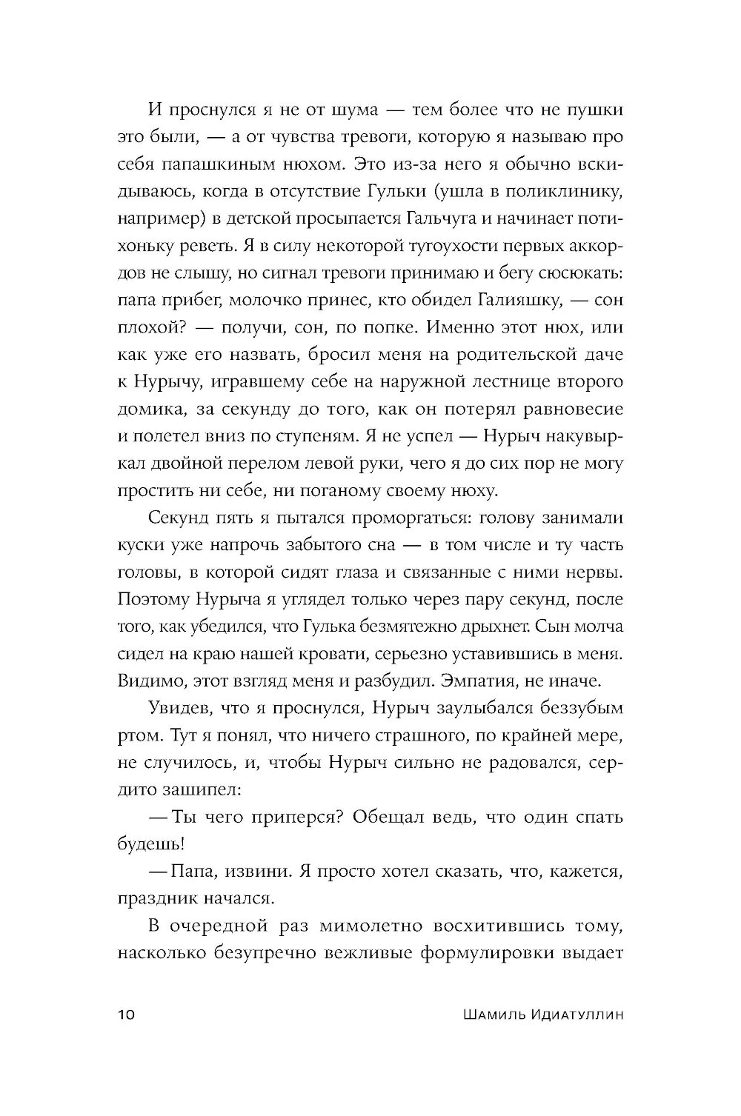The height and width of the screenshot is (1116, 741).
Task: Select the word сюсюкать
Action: tap(579, 273)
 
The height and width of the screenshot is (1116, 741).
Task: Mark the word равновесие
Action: tap(569, 410)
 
